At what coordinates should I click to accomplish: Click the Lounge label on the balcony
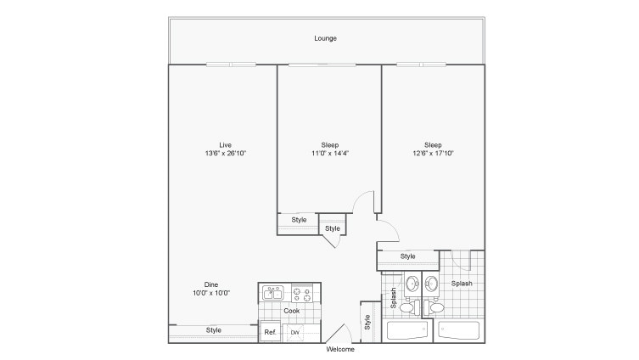tap(325, 38)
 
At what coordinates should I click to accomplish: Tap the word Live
tap(226, 144)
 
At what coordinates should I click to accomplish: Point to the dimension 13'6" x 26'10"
tap(226, 154)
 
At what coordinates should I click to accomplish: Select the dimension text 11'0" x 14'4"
tap(330, 154)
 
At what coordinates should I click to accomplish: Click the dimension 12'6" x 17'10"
tap(433, 154)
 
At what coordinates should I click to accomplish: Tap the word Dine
tap(211, 284)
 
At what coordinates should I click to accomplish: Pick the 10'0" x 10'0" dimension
tap(211, 293)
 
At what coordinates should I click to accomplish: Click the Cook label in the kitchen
tap(291, 311)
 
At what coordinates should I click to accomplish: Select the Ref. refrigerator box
tap(270, 332)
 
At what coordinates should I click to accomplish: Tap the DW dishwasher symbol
tap(294, 332)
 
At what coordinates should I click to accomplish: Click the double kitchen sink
tap(273, 293)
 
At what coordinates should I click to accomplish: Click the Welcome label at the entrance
tap(340, 350)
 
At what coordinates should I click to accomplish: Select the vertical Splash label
tap(393, 298)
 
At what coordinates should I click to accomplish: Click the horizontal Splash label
tap(462, 284)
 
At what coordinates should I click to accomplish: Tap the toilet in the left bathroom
tap(410, 307)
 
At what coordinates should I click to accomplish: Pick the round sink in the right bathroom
tap(431, 283)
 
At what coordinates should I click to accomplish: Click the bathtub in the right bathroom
tap(458, 330)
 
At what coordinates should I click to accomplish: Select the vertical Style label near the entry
tap(367, 322)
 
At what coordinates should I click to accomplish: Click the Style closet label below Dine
tap(214, 330)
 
